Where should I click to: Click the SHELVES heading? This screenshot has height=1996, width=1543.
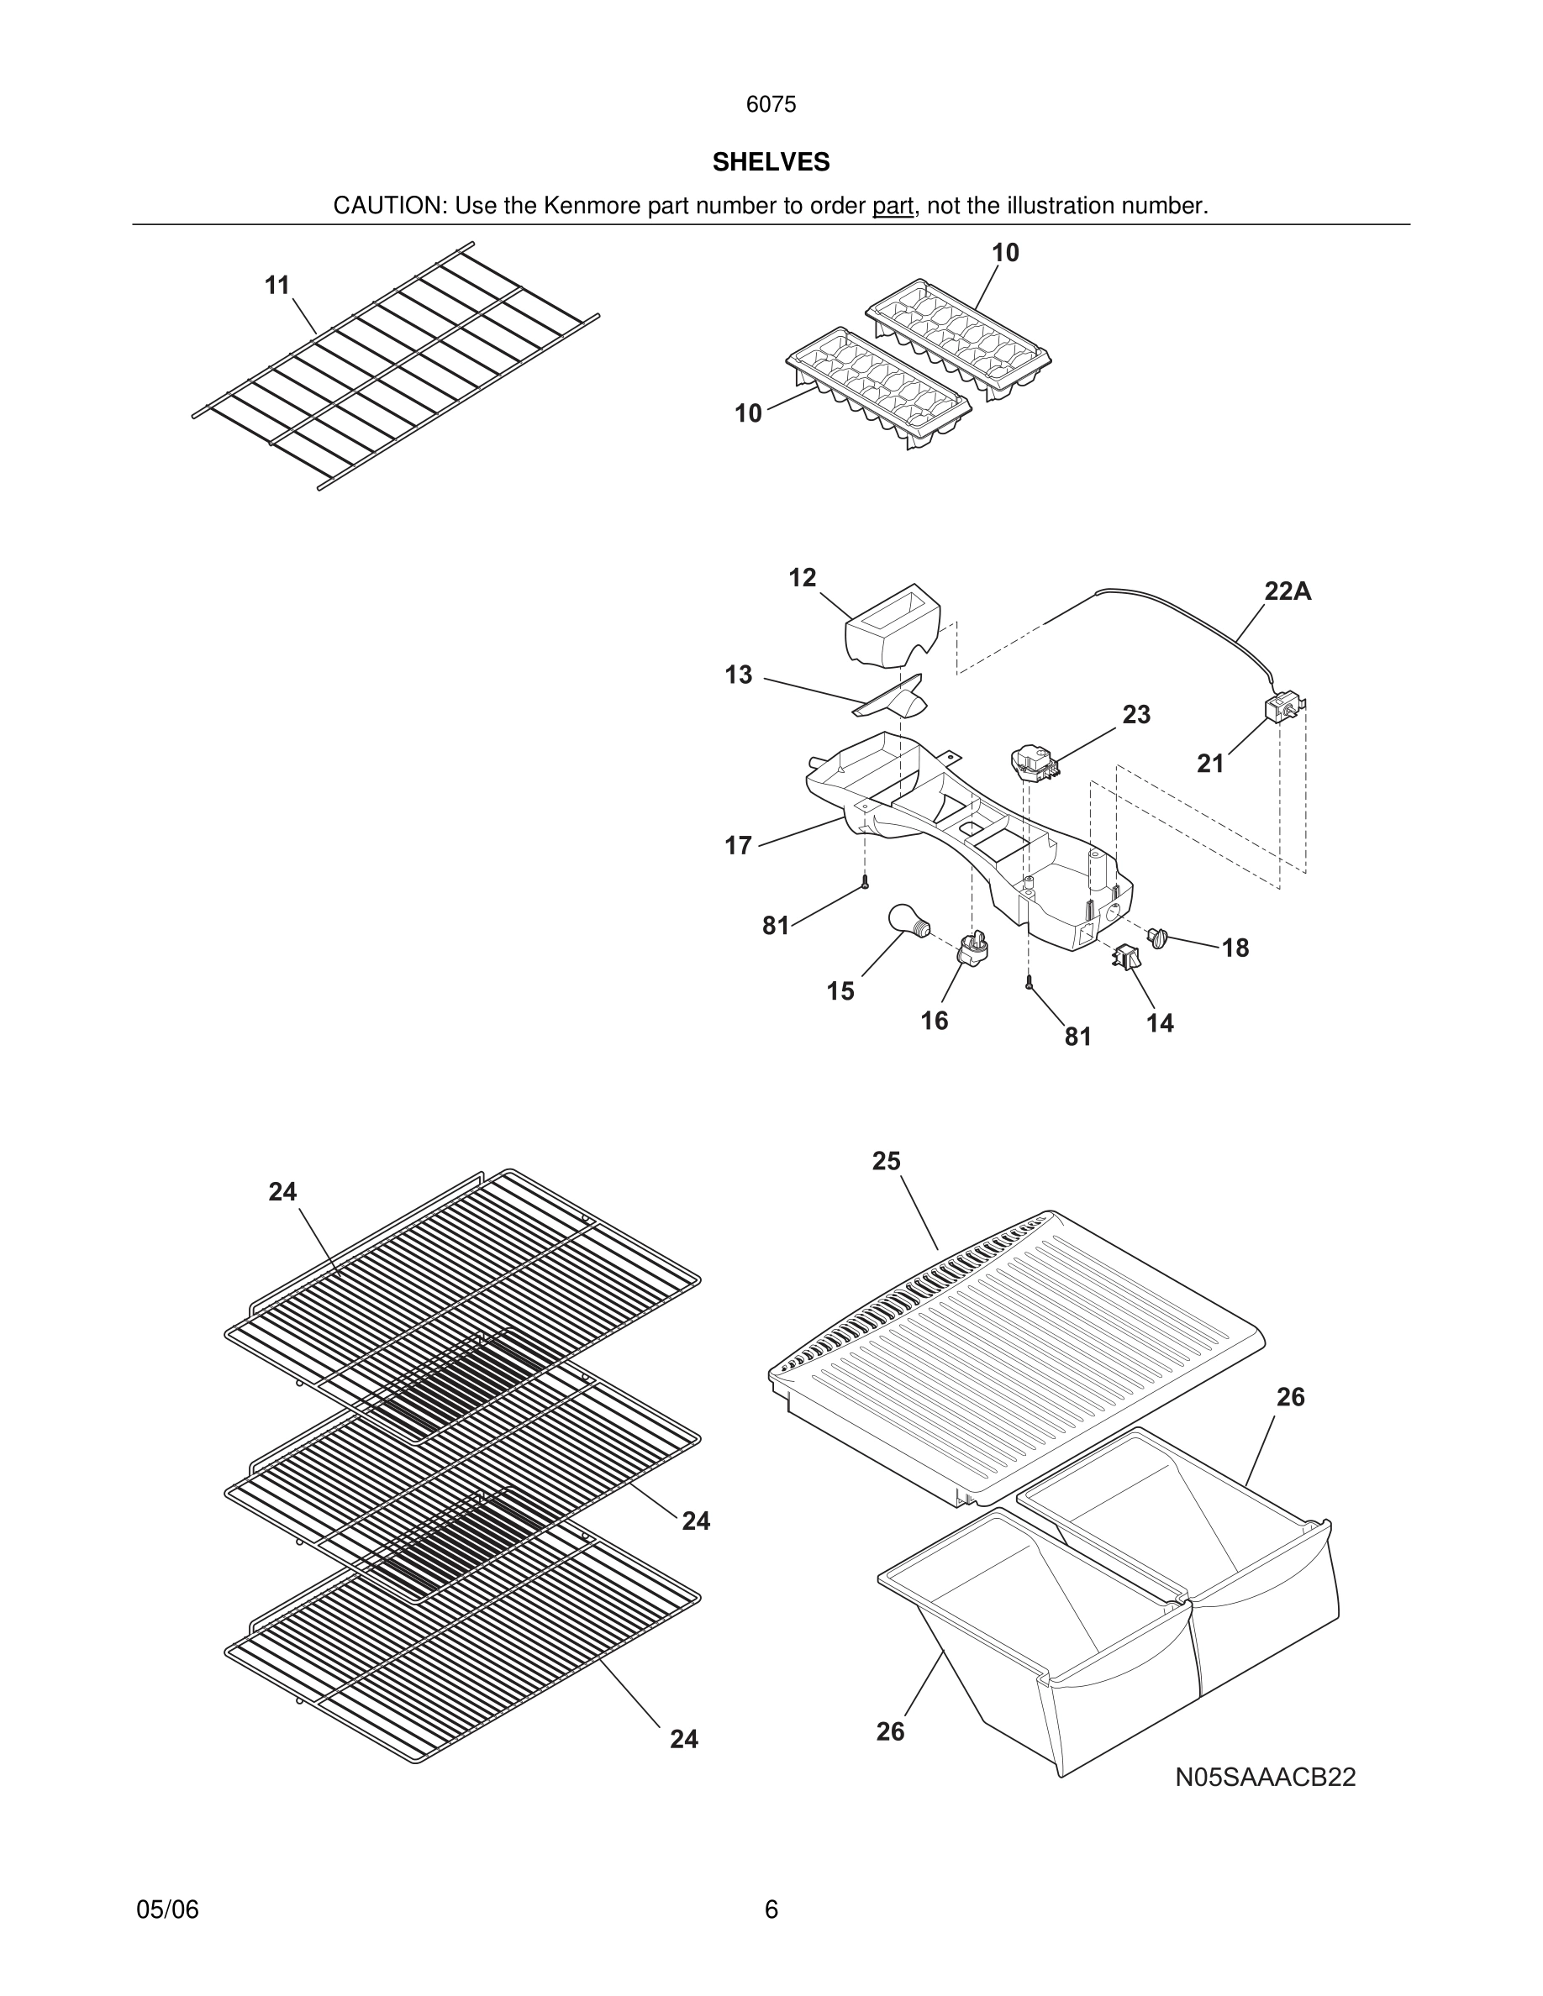[x=771, y=162]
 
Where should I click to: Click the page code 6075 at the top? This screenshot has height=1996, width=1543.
[x=771, y=104]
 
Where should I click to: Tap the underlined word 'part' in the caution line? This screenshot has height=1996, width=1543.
[x=893, y=206]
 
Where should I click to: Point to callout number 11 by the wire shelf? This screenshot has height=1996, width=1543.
[x=277, y=286]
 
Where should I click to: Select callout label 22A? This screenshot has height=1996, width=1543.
[x=1287, y=591]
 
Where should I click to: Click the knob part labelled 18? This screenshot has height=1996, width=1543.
[x=1159, y=937]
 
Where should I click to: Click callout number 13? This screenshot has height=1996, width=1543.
[x=739, y=675]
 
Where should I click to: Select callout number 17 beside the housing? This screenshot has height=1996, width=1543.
[x=739, y=845]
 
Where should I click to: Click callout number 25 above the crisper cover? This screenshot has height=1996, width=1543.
[x=886, y=1161]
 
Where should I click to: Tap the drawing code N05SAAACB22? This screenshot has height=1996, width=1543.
[x=1265, y=1777]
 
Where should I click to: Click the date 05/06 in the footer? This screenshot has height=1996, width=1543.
[x=167, y=1909]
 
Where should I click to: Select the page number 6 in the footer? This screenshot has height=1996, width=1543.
[x=771, y=1909]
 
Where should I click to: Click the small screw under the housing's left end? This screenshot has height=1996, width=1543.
[x=865, y=882]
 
